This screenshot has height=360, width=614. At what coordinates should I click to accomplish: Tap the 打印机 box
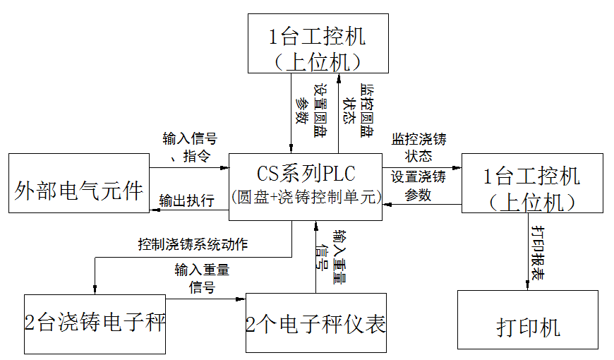pyautogui.click(x=527, y=326)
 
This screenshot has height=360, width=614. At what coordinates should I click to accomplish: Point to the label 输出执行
pyautogui.click(x=186, y=200)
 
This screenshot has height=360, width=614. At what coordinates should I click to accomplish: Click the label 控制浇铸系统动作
pyautogui.click(x=192, y=246)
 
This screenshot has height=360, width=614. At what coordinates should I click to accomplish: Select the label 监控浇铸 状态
pyautogui.click(x=419, y=147)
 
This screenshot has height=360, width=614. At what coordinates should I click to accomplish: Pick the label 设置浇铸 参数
pyautogui.click(x=419, y=185)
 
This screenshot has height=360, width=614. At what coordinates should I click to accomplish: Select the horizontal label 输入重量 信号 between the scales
pyautogui.click(x=202, y=278)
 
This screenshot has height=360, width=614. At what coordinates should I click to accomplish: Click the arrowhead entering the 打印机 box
pyautogui.click(x=527, y=285)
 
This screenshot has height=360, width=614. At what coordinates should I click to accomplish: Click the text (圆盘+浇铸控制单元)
pyautogui.click(x=306, y=196)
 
